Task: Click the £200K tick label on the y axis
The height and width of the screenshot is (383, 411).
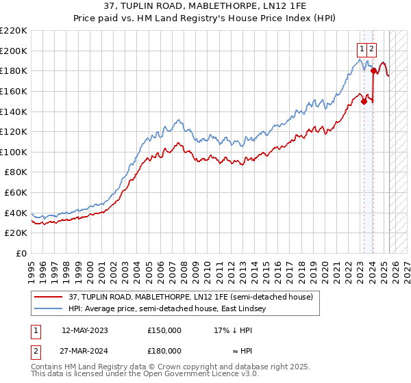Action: (14, 51)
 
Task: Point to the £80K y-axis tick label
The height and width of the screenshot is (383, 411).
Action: (16, 172)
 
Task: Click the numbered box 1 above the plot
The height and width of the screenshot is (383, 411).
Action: (361, 49)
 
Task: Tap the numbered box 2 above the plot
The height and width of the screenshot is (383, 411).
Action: (371, 49)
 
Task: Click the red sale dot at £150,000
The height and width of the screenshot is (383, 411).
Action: (364, 102)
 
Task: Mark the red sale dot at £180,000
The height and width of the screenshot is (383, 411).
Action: (373, 70)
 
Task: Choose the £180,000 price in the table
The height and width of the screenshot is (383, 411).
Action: (164, 350)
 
